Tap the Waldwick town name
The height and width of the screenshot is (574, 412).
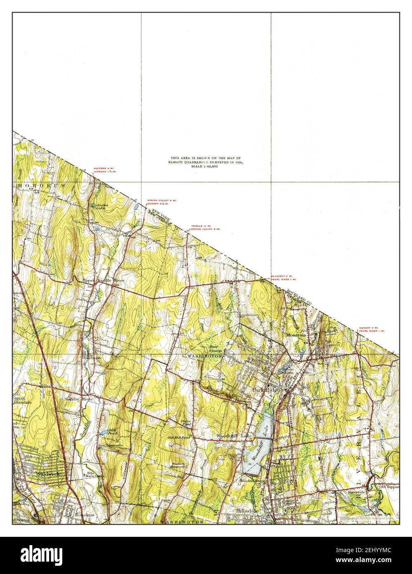(x=47, y=474)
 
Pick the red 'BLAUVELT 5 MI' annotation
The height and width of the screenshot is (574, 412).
(x=282, y=276)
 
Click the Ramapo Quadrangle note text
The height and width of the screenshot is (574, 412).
(x=205, y=162)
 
